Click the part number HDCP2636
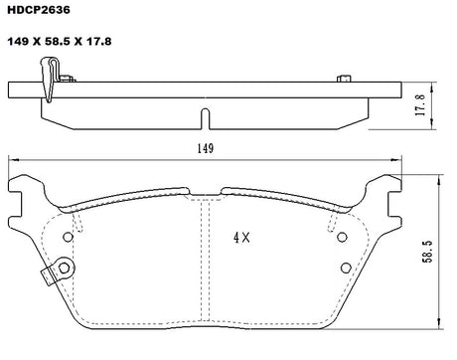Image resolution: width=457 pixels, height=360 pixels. pyautogui.click(x=39, y=10)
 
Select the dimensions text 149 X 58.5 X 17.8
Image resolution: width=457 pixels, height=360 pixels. pyautogui.click(x=60, y=42)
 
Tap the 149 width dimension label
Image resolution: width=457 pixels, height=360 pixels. pyautogui.click(x=206, y=148)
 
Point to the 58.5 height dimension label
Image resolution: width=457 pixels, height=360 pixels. pyautogui.click(x=427, y=252)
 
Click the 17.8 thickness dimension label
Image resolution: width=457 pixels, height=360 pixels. pyautogui.click(x=420, y=105)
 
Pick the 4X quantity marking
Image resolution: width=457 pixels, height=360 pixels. pyautogui.click(x=241, y=238)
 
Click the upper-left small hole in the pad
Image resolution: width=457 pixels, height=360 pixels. pyautogui.click(x=68, y=237)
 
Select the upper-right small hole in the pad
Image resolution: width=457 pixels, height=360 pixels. pyautogui.click(x=342, y=237)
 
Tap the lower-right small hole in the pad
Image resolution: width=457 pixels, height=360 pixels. pyautogui.click(x=346, y=268)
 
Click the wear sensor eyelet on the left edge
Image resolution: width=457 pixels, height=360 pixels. pyautogui.click(x=64, y=268)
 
